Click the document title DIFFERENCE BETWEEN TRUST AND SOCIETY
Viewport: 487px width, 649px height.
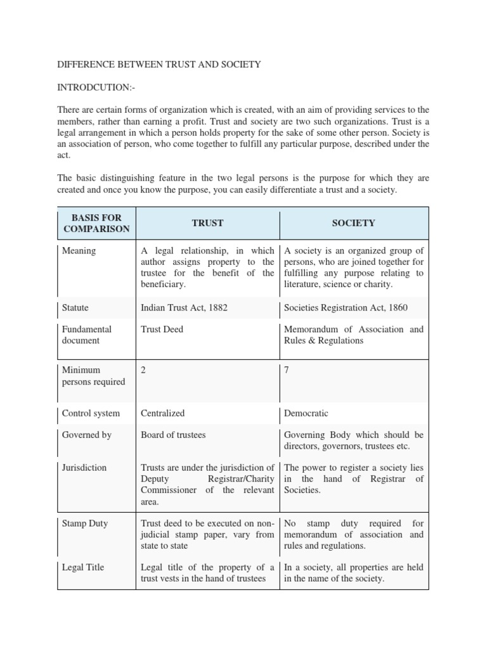click(x=159, y=65)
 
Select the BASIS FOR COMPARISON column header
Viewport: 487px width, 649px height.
click(x=96, y=223)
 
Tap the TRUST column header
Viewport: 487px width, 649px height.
click(x=208, y=223)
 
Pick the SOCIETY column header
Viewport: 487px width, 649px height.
click(x=354, y=223)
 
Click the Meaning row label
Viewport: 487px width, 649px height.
click(x=79, y=251)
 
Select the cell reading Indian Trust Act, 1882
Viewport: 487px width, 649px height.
click(x=184, y=308)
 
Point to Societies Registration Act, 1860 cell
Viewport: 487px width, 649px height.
click(x=346, y=308)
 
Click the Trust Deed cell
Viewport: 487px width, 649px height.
click(x=162, y=330)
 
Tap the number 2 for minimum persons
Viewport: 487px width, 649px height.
click(x=143, y=370)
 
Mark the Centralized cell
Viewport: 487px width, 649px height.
click(x=163, y=413)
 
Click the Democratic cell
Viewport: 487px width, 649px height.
click(x=306, y=413)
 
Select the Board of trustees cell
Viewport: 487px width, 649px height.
click(x=173, y=435)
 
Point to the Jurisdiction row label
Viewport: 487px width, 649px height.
click(x=84, y=468)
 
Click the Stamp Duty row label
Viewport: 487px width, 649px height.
click(x=85, y=524)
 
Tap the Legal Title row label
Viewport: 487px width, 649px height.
click(x=84, y=567)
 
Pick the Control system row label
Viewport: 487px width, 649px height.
click(x=91, y=413)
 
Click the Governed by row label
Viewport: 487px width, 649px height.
click(x=87, y=435)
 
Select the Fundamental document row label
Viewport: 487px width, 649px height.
click(x=87, y=335)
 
